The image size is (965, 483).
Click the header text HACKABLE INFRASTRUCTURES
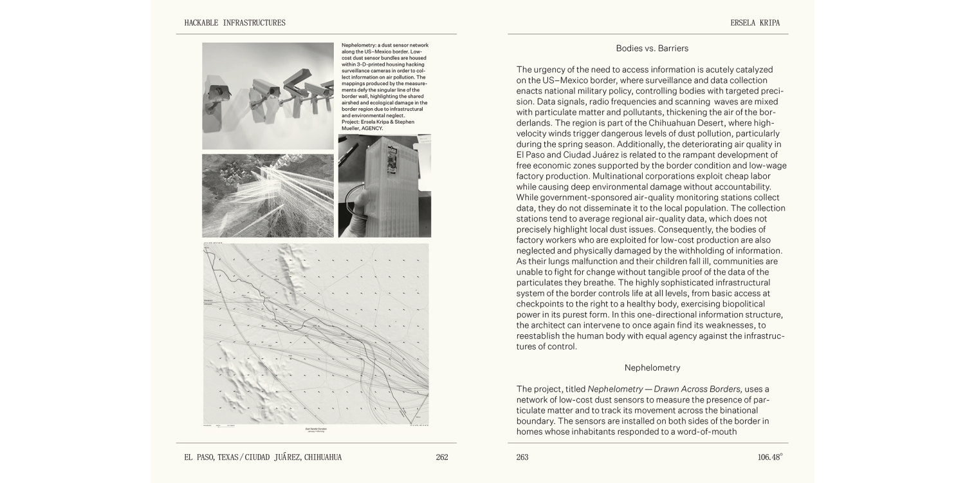(235, 23)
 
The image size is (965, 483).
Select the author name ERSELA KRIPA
(755, 23)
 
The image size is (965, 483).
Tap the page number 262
(441, 457)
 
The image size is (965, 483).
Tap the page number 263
(522, 457)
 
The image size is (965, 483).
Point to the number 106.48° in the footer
(769, 457)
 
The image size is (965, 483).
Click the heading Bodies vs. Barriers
(652, 48)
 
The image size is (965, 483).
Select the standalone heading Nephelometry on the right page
(652, 368)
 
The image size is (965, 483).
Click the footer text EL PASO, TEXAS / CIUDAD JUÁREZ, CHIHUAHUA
(262, 457)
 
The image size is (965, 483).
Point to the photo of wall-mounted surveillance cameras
(268, 96)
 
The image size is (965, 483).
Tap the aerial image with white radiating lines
(268, 195)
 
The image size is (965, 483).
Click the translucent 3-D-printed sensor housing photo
(384, 185)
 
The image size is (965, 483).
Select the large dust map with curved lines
(316, 334)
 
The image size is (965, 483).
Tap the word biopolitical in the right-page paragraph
(749, 304)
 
